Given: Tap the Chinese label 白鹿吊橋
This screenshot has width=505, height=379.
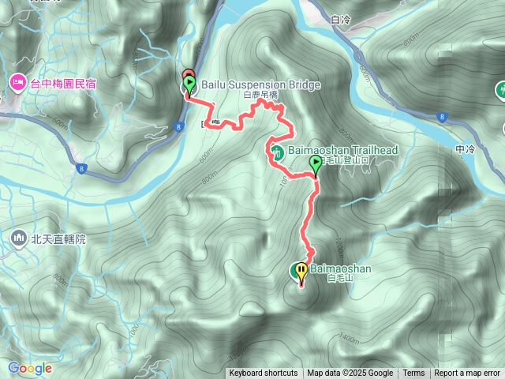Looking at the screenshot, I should (x=261, y=95).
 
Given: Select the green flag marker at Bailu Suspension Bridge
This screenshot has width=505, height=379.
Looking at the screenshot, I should (x=189, y=84).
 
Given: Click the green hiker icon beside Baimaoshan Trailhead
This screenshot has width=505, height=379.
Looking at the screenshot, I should (x=276, y=151).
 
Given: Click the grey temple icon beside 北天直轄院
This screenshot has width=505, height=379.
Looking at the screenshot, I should (x=18, y=237).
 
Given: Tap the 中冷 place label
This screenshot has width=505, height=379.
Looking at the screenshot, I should (x=466, y=148).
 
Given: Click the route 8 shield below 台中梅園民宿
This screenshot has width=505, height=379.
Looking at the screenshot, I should (x=82, y=167).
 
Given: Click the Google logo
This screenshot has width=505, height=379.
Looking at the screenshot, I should (x=30, y=368).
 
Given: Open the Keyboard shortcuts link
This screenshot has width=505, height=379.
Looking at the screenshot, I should (x=264, y=373).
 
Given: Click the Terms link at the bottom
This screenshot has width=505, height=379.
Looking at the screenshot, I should (x=413, y=373).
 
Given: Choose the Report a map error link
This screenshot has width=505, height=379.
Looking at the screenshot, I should (x=468, y=373).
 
